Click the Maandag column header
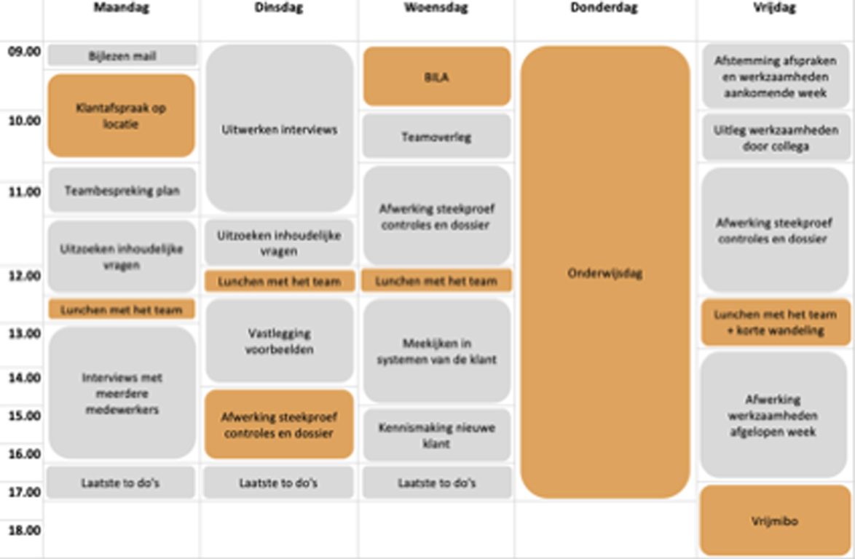[x=121, y=7]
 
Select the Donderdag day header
[x=604, y=7]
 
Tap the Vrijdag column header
[x=774, y=7]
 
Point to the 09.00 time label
[x=24, y=51]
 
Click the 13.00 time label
[x=24, y=333]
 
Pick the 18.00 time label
[x=24, y=530]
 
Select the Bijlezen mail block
[x=122, y=55]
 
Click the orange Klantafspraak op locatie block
[x=121, y=116]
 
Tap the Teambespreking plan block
[x=122, y=190]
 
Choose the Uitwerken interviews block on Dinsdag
[x=279, y=129]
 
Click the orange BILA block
[x=437, y=76]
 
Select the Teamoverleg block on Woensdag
[x=437, y=136]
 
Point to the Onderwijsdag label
[x=604, y=273]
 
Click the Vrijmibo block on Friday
[x=775, y=520]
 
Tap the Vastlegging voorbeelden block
[x=279, y=341]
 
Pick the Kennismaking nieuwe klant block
[x=437, y=435]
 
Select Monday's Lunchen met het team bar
[x=122, y=309]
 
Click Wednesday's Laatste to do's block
[x=437, y=483]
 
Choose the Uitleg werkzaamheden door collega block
[x=775, y=138]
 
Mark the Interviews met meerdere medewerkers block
[x=122, y=393]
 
